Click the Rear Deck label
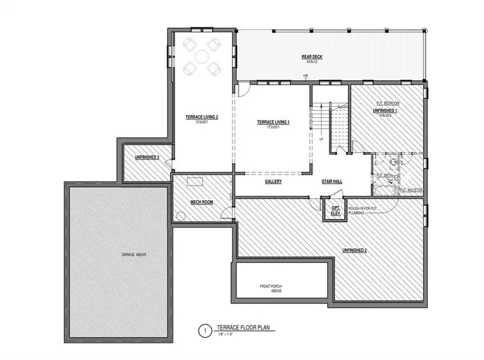coord(307,57)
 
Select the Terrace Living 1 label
coord(273,123)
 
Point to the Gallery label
coord(273,182)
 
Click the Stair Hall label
coord(332,182)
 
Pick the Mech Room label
coord(202,202)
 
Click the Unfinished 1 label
coord(387,110)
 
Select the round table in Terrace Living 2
coord(201,55)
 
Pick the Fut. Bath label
coord(383,175)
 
